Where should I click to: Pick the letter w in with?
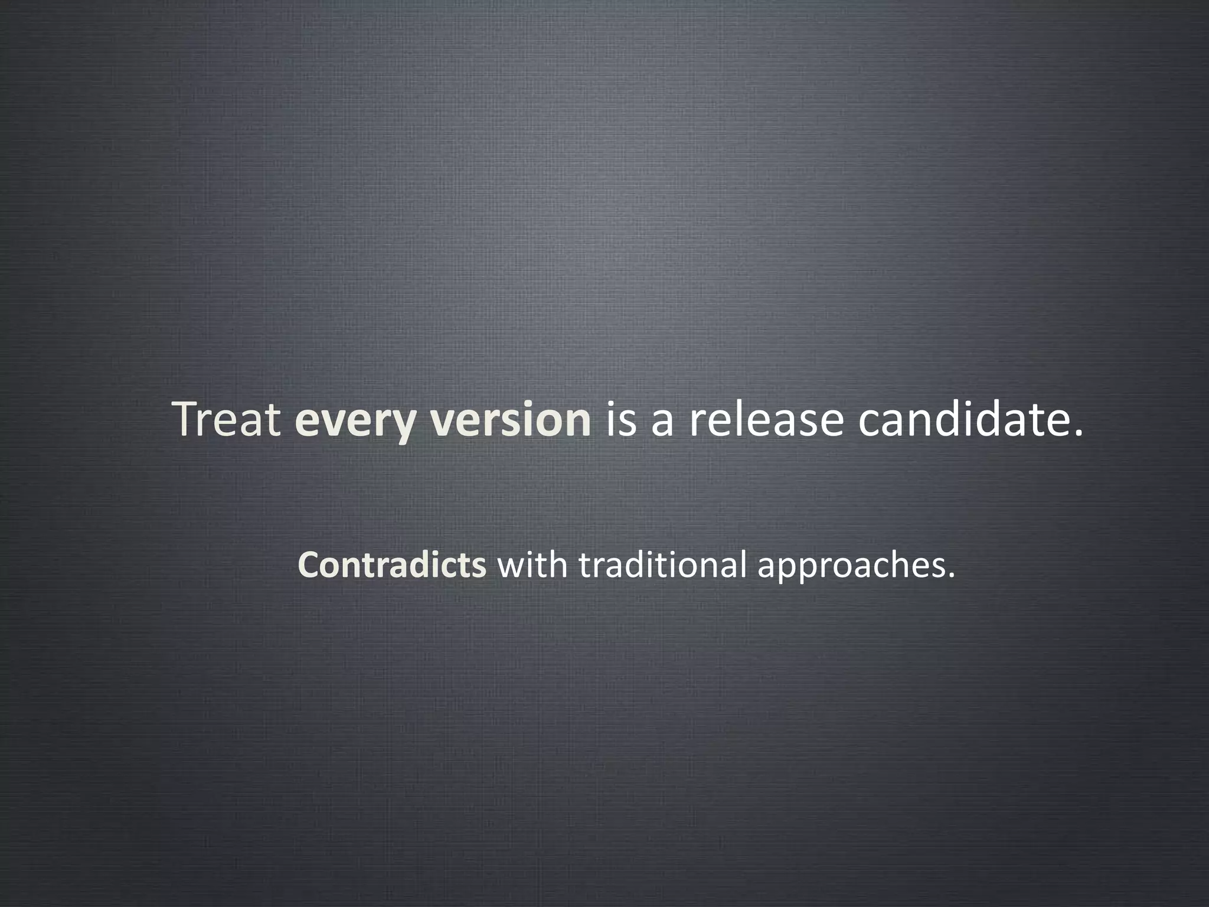click(x=511, y=568)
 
